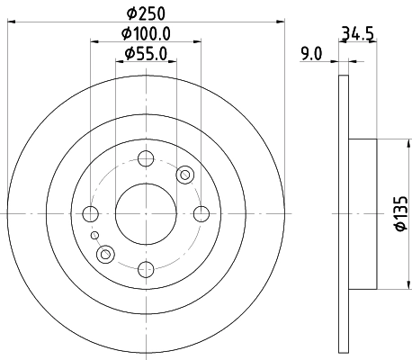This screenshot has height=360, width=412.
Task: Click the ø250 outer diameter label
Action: click(x=145, y=13)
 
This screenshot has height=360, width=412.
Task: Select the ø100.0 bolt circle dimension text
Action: click(x=146, y=34)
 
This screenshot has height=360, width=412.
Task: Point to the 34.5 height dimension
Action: click(x=357, y=36)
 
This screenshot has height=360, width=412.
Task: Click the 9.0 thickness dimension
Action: click(x=311, y=54)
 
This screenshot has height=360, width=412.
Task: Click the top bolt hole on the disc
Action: click(x=145, y=159)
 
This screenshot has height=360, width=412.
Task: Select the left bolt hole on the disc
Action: click(x=90, y=214)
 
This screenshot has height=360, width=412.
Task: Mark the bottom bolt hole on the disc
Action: click(x=145, y=268)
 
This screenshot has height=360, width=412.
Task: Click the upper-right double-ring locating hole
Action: click(x=186, y=175)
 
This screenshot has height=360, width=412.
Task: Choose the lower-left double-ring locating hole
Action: click(x=105, y=255)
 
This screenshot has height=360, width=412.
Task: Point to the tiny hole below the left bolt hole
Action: click(x=94, y=235)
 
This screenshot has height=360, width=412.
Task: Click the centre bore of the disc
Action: click(x=145, y=214)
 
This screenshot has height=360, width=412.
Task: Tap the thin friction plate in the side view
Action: click(x=343, y=213)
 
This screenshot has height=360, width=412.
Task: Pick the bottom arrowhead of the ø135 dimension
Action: click(x=385, y=283)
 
